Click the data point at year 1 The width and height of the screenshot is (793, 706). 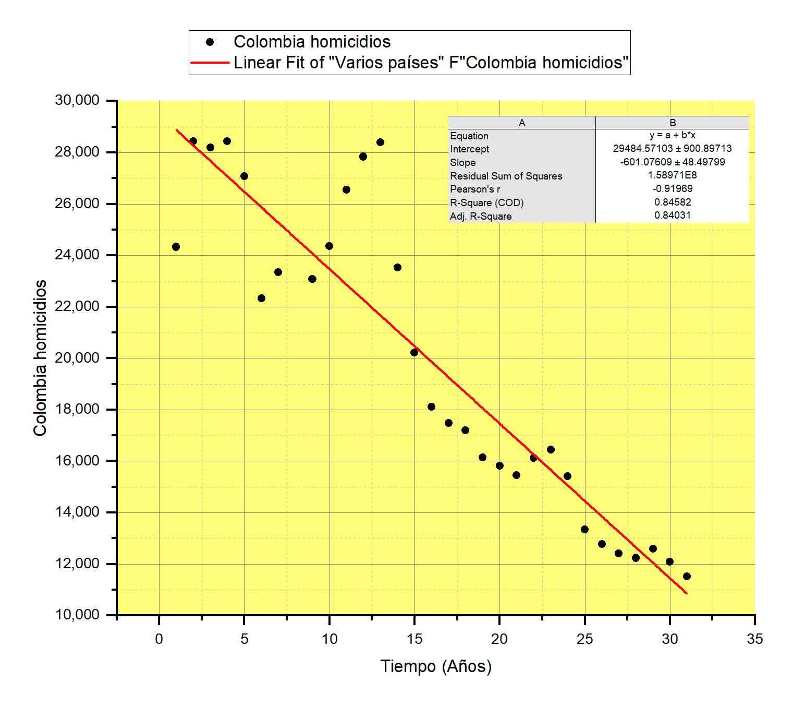coord(176,247)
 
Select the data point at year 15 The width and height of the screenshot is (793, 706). coord(414,352)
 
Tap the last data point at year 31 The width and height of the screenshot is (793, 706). coord(687,576)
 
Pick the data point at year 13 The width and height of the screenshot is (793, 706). coord(380,142)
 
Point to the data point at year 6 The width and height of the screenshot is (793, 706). coord(261,298)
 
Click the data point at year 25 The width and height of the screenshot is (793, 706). coord(584,529)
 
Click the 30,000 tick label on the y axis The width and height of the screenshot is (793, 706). coord(77,100)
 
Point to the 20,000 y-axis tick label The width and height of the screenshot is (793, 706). coord(77,358)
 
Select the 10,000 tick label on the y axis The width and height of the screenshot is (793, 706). coord(77,615)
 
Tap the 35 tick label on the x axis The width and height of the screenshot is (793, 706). coord(754,639)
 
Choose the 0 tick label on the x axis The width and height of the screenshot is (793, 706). coord(159,639)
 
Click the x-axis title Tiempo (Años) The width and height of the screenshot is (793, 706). coord(436,666)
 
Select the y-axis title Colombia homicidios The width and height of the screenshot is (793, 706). coord(40,358)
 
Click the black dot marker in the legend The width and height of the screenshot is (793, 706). coord(210,42)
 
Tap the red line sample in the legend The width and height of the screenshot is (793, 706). coord(210,63)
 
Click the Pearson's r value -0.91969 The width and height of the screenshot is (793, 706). coord(672,189)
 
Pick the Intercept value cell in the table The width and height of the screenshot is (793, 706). coord(672,149)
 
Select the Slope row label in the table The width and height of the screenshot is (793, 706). coord(463,162)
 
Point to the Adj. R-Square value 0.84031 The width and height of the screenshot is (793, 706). coord(672,216)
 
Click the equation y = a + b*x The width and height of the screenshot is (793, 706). coord(672,136)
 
